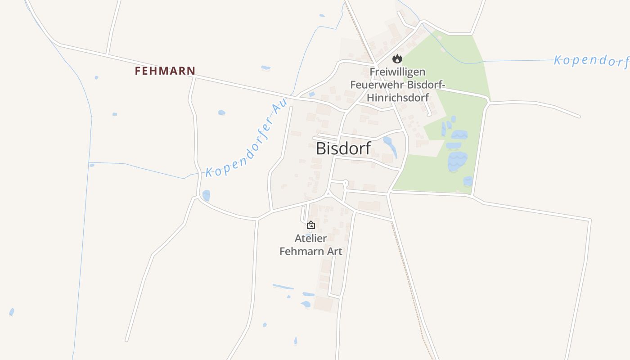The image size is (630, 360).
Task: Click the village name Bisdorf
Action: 343,148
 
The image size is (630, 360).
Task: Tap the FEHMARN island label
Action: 165,71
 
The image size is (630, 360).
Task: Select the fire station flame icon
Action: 397,58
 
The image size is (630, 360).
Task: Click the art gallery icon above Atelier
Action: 310,225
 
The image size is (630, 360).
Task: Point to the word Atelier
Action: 310,238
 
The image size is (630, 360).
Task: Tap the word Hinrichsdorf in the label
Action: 397,97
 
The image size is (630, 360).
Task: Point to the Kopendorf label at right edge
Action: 590,61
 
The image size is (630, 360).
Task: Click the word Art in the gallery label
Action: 334,251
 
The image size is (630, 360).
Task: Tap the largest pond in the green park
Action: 458,161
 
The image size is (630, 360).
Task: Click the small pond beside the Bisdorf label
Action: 389,145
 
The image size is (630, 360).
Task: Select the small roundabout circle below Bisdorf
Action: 346,182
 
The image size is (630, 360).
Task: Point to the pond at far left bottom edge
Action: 11,312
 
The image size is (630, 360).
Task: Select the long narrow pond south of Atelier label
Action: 283,286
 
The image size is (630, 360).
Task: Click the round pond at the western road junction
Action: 206,195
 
